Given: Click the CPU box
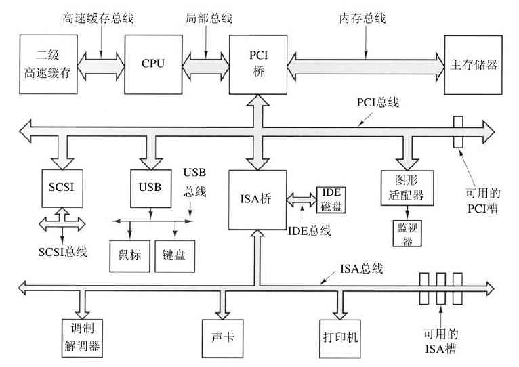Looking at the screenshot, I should (x=153, y=64).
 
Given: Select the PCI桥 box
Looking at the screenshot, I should (x=258, y=65).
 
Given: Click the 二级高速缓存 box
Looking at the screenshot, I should (x=45, y=65).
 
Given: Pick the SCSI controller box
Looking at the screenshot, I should (x=62, y=186).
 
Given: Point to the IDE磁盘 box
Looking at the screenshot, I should (x=331, y=199).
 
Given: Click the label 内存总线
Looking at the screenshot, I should (x=362, y=18).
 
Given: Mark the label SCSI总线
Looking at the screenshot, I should (x=62, y=251).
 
